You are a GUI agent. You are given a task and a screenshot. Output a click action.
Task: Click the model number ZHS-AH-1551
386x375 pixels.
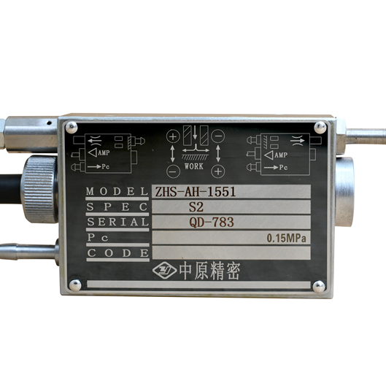tap(196, 192)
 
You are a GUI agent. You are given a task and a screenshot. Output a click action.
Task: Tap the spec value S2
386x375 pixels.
tap(196, 207)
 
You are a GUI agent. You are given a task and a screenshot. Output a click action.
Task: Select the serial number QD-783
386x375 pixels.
tap(212, 223)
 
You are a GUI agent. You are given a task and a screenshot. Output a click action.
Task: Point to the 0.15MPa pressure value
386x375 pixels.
tap(287, 238)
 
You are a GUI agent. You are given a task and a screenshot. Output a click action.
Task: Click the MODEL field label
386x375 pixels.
tap(117, 191)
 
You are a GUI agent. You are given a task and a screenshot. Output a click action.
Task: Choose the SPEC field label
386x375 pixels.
tap(117, 207)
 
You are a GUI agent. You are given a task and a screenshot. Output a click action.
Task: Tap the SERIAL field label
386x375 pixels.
tap(118, 222)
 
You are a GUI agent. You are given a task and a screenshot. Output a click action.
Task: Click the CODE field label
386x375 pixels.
tap(118, 253)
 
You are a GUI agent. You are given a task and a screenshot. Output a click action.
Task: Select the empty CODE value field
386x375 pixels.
tap(231, 252)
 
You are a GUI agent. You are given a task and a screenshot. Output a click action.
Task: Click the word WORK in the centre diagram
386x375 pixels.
tap(194, 166)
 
